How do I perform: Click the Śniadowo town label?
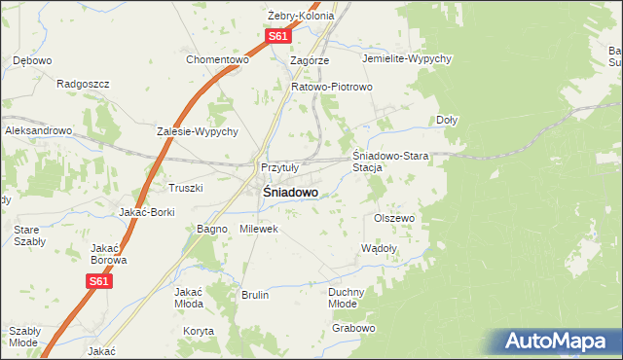pos(290,193)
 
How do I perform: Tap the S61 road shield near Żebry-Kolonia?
pos(278,36)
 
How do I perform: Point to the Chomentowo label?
pos(218,59)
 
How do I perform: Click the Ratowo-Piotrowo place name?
pos(333,87)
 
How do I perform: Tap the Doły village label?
pos(447,120)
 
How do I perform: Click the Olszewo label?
pos(394,218)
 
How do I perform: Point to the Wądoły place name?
pos(379,248)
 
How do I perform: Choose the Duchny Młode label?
pos(347,297)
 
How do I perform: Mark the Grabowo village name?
pos(352,328)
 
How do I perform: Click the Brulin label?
pos(254,295)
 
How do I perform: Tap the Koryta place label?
pos(198,331)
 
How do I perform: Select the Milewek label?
pos(259,229)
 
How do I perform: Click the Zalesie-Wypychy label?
pos(198,131)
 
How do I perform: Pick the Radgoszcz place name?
pos(83,84)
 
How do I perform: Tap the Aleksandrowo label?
pos(39,130)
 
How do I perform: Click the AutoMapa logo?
pos(558,341)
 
